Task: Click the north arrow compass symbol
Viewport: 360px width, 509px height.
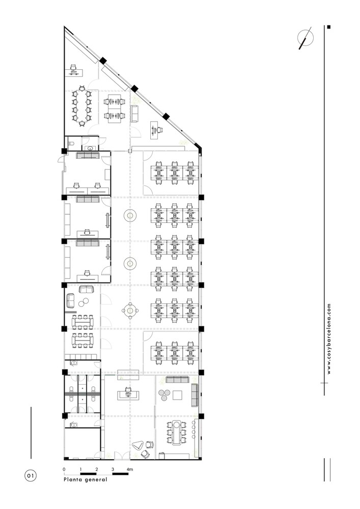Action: click(305, 38)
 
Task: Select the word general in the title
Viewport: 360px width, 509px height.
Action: click(96, 479)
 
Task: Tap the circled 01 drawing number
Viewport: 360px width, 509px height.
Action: click(31, 476)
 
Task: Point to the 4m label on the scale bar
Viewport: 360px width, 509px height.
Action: click(129, 469)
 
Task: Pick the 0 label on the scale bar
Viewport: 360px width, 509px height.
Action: click(64, 469)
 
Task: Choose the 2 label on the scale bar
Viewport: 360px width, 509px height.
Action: click(97, 469)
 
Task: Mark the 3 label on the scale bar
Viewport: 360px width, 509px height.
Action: click(113, 469)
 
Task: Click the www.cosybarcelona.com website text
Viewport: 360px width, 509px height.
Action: click(329, 339)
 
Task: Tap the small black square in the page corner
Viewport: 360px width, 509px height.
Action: click(329, 27)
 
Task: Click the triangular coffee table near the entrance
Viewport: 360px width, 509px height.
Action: click(139, 445)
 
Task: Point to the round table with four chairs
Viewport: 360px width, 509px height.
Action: click(130, 311)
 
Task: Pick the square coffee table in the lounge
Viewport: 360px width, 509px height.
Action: click(177, 395)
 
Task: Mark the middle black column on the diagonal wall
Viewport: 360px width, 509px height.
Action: click(134, 88)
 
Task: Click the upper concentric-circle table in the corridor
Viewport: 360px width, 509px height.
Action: click(130, 215)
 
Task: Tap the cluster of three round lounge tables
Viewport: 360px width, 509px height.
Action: click(164, 395)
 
